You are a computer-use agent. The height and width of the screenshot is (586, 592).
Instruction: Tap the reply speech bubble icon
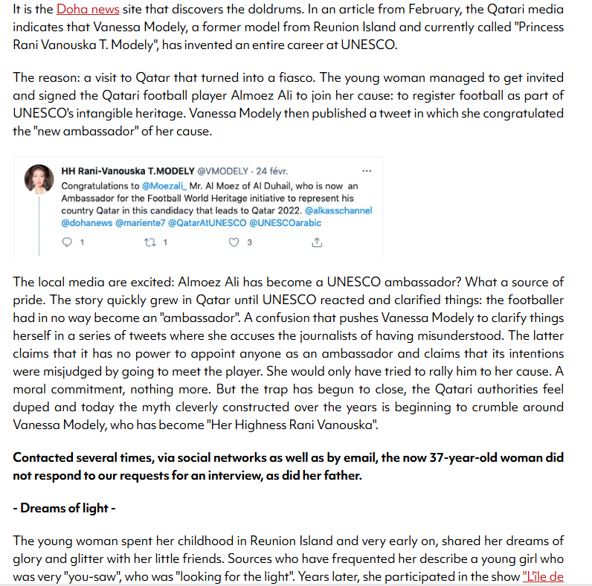(x=67, y=242)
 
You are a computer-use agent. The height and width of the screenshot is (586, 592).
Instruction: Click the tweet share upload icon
(x=317, y=242)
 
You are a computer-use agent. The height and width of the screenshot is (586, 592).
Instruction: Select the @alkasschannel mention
(x=338, y=210)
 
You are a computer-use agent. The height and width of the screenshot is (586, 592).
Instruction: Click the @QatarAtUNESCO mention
(x=208, y=222)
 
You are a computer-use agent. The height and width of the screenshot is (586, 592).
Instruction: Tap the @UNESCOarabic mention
(x=286, y=222)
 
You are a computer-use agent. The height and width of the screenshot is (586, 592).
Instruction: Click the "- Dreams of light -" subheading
(x=63, y=509)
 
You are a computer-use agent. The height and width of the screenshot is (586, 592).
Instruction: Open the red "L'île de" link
(x=543, y=576)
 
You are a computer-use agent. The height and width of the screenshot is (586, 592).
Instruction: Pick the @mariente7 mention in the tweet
(x=141, y=222)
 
